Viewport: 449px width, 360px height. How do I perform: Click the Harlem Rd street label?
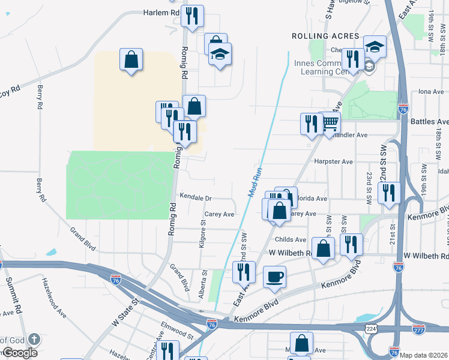pos(161,12)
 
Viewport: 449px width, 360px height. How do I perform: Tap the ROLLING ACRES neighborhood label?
pos(325,36)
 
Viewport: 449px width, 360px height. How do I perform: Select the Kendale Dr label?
pos(196,197)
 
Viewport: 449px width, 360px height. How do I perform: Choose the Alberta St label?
pos(205,285)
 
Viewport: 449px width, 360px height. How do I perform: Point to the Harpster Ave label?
pos(333,162)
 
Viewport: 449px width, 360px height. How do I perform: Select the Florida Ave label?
pos(312,199)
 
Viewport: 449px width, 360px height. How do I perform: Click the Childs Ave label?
pos(291,240)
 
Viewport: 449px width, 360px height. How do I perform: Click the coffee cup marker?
pos(275,277)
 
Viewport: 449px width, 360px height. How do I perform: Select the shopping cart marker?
pos(330,123)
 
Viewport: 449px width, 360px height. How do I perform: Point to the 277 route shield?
pos(419,329)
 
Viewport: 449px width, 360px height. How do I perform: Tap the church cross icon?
pos(34,340)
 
